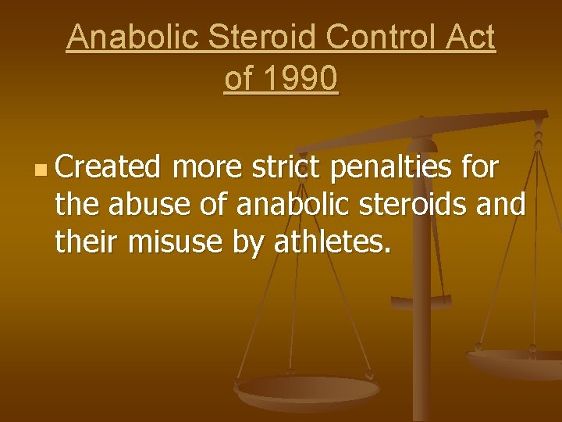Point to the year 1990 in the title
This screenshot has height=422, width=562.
pyautogui.click(x=301, y=79)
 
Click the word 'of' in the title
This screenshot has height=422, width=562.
pyautogui.click(x=239, y=79)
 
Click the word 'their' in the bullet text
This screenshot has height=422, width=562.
pyautogui.click(x=85, y=244)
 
